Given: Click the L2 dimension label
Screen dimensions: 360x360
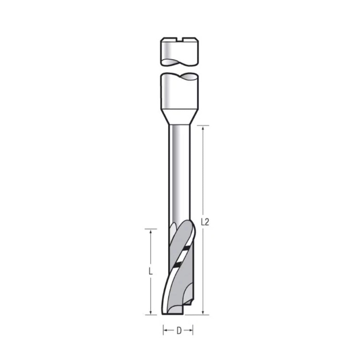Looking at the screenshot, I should click(x=205, y=222).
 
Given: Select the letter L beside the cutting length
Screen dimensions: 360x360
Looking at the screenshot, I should click(x=151, y=271).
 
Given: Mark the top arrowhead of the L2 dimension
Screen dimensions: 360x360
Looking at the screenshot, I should click(x=203, y=128).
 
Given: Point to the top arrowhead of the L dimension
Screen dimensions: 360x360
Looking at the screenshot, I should click(x=151, y=231).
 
